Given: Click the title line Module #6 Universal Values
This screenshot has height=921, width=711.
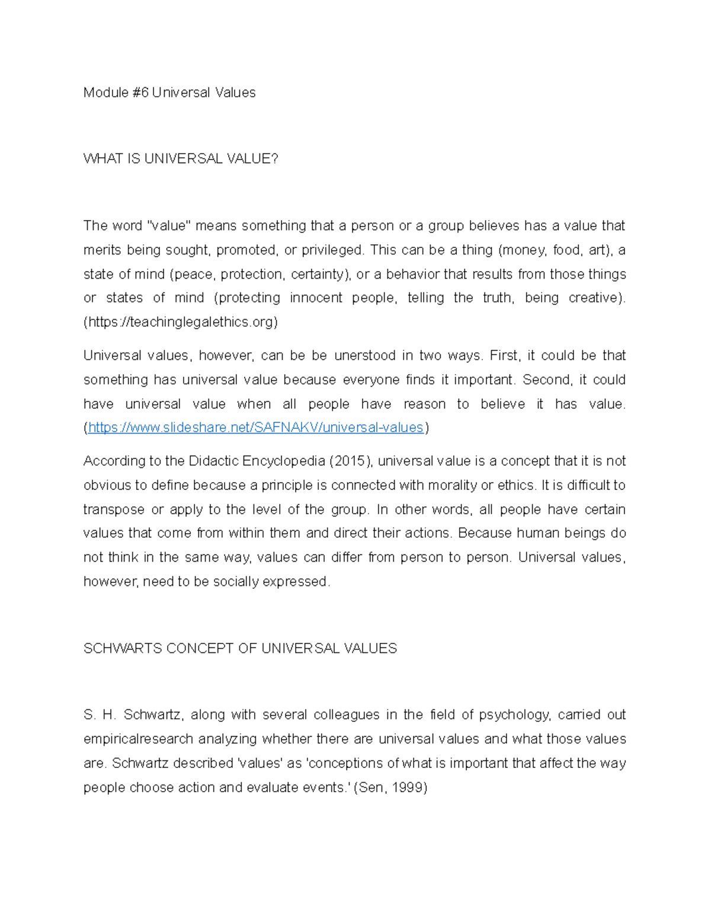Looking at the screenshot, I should [x=169, y=93].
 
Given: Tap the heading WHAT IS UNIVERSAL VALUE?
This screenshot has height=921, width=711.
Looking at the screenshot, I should [x=181, y=159].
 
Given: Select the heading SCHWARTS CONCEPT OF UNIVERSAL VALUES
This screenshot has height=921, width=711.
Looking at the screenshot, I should [x=240, y=649].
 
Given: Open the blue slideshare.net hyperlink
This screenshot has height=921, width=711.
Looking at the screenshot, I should [x=255, y=428].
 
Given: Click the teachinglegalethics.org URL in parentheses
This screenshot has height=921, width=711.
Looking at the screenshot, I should [x=181, y=322].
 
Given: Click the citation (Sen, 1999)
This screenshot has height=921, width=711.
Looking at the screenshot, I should [x=390, y=788].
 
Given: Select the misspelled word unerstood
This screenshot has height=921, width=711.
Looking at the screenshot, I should [x=364, y=356].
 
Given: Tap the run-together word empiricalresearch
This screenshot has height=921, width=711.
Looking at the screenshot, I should [x=138, y=739].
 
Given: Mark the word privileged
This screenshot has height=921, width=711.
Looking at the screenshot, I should [x=332, y=250].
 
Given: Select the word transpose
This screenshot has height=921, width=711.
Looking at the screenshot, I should [x=114, y=510].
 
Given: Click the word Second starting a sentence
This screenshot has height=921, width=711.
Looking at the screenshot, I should [x=543, y=380].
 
